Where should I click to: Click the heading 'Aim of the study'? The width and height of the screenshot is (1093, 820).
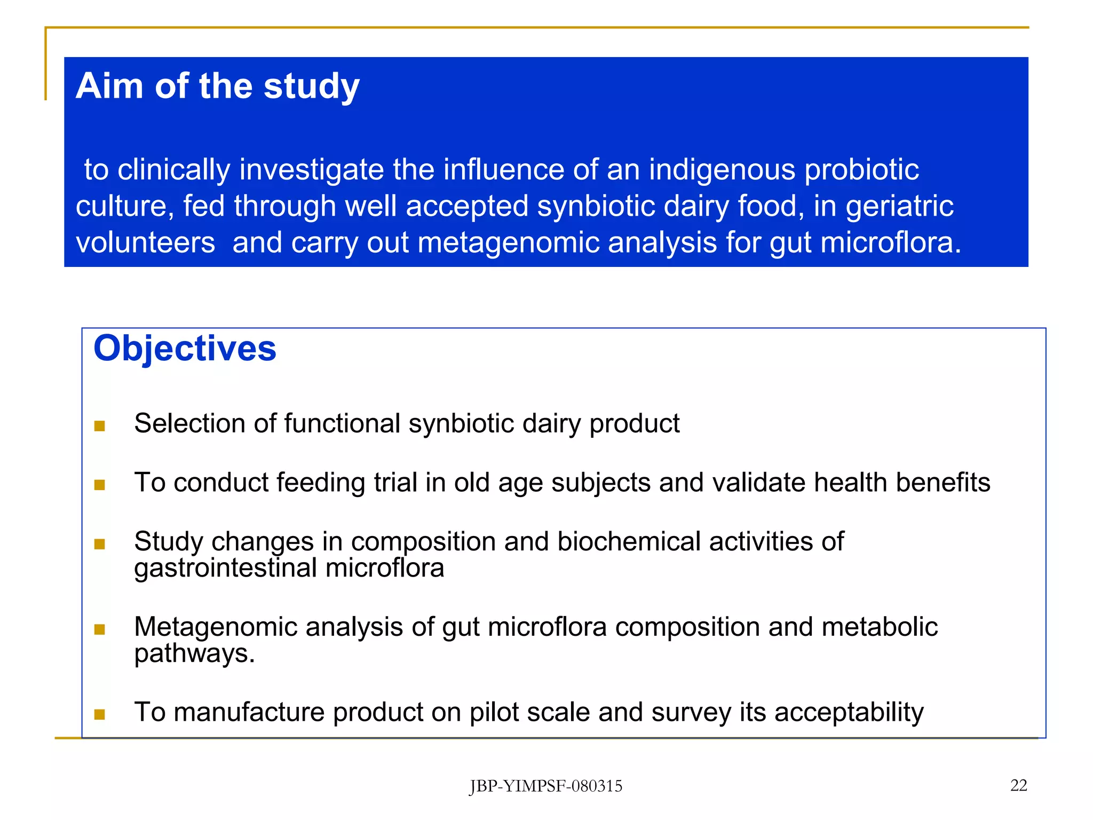[x=217, y=86]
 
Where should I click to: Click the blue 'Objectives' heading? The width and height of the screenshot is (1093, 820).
[x=185, y=349]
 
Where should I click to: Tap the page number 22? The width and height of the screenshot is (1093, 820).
[x=1018, y=785]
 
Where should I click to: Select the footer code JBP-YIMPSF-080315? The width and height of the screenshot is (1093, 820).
[x=545, y=786]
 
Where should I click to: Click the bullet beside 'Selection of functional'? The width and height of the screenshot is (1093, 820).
[x=99, y=426]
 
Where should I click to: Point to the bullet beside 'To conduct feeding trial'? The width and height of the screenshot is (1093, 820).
[x=99, y=485]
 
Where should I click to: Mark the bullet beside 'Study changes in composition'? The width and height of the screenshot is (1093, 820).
[x=99, y=544]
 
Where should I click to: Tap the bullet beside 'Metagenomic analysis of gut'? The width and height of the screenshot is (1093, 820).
[x=99, y=629]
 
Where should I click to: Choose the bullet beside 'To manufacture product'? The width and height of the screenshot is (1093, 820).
[x=99, y=714]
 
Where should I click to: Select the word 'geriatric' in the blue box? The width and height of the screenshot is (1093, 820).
[x=899, y=207]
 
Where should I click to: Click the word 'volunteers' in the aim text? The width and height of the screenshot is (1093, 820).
[x=145, y=243]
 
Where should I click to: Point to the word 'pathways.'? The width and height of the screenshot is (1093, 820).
[x=194, y=653]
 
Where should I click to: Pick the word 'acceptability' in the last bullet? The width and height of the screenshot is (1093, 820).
[x=849, y=713]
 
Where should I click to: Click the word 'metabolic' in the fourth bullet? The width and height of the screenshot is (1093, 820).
[x=880, y=627]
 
